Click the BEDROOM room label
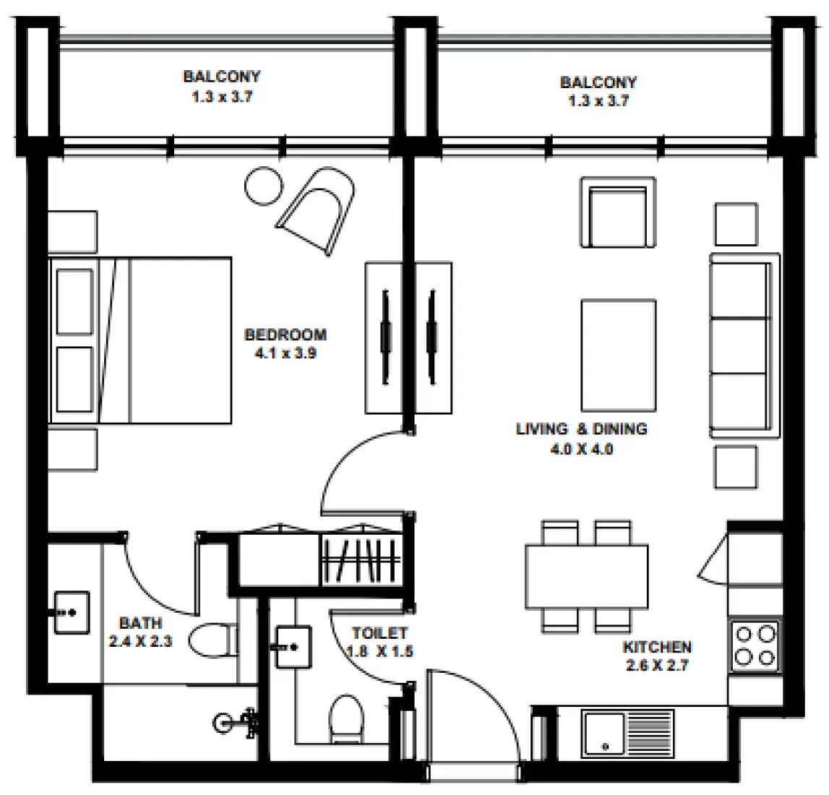pyautogui.click(x=285, y=335)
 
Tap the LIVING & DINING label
pyautogui.click(x=581, y=429)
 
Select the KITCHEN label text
pyautogui.click(x=657, y=647)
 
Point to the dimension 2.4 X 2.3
pyautogui.click(x=140, y=641)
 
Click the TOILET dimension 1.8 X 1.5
pyautogui.click(x=380, y=651)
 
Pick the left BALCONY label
pyautogui.click(x=221, y=77)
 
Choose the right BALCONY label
pyautogui.click(x=598, y=82)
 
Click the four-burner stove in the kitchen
pyautogui.click(x=755, y=646)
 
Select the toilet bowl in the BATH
pyautogui.click(x=212, y=640)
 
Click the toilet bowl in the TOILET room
pyautogui.click(x=347, y=719)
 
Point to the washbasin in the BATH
pyautogui.click(x=72, y=612)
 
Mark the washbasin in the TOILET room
pyautogui.click(x=293, y=646)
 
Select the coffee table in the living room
pyautogui.click(x=618, y=356)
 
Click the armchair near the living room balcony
pyautogui.click(x=618, y=212)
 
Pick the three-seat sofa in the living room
pyautogui.click(x=743, y=345)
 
